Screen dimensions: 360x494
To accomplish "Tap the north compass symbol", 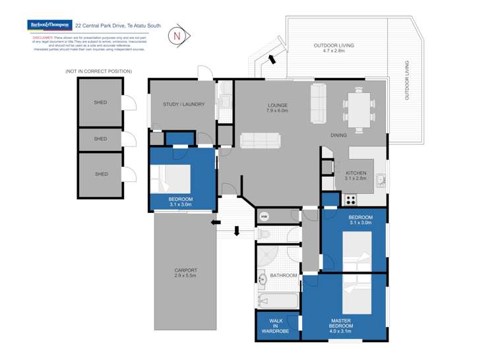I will (x=177, y=36).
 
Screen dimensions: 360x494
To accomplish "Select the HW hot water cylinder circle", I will (x=264, y=216).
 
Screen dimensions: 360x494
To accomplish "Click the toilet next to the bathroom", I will (x=266, y=234).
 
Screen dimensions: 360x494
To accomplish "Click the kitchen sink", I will (x=381, y=179).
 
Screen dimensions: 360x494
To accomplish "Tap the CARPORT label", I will (x=185, y=273).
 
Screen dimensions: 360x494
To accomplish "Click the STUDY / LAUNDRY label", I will (x=183, y=104).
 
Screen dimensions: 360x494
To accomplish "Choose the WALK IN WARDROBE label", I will (x=276, y=325).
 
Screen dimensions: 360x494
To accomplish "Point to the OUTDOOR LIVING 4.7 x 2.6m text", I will (x=334, y=47).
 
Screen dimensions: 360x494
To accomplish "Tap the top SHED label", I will (x=100, y=102).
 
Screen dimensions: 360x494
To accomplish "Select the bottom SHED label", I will (x=101, y=174).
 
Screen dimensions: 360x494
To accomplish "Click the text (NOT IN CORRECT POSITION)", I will (x=98, y=71).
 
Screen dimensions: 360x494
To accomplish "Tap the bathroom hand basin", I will (x=262, y=280).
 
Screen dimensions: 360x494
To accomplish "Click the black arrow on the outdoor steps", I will (x=271, y=61).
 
